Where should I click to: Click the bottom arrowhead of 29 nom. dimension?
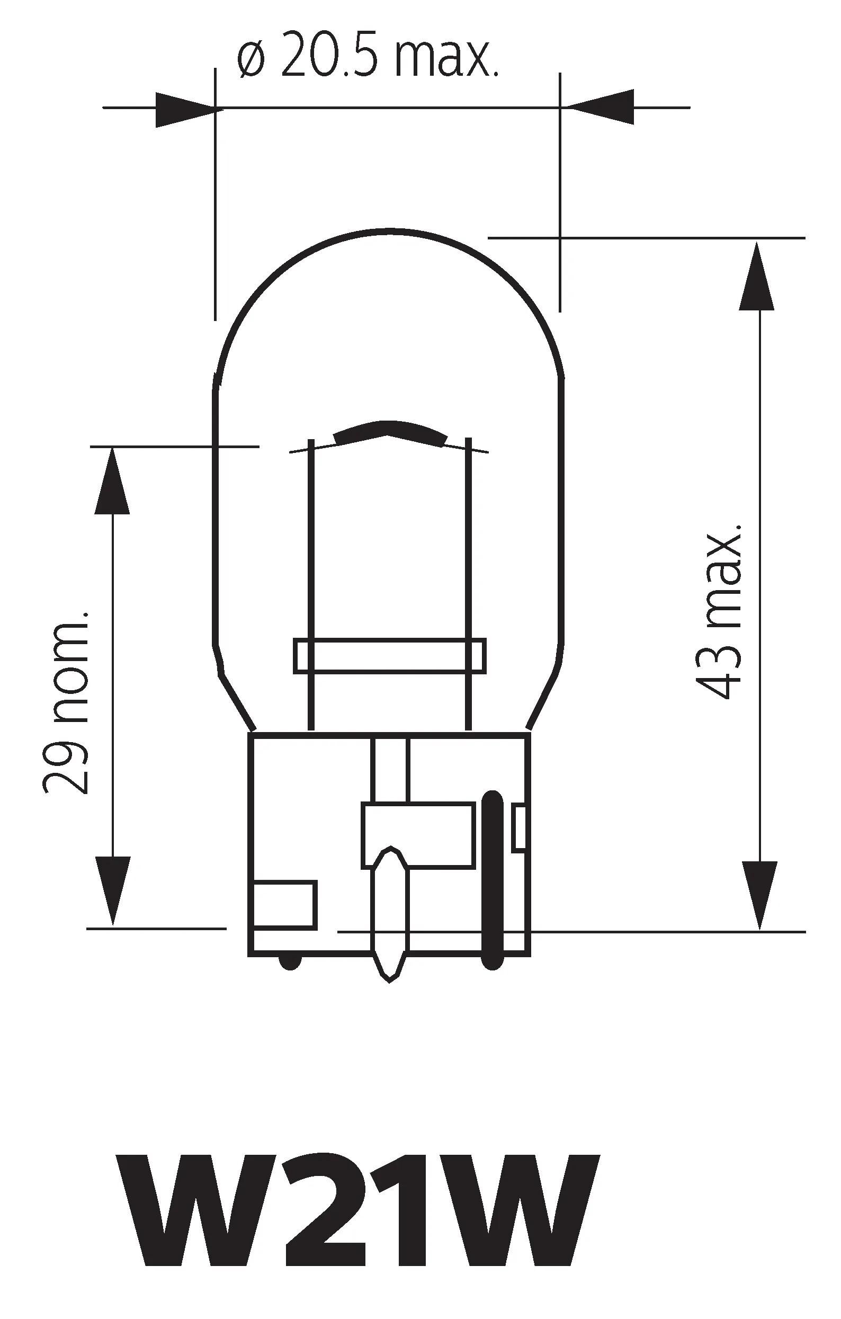[112, 889]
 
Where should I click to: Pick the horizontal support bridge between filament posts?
[390, 656]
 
